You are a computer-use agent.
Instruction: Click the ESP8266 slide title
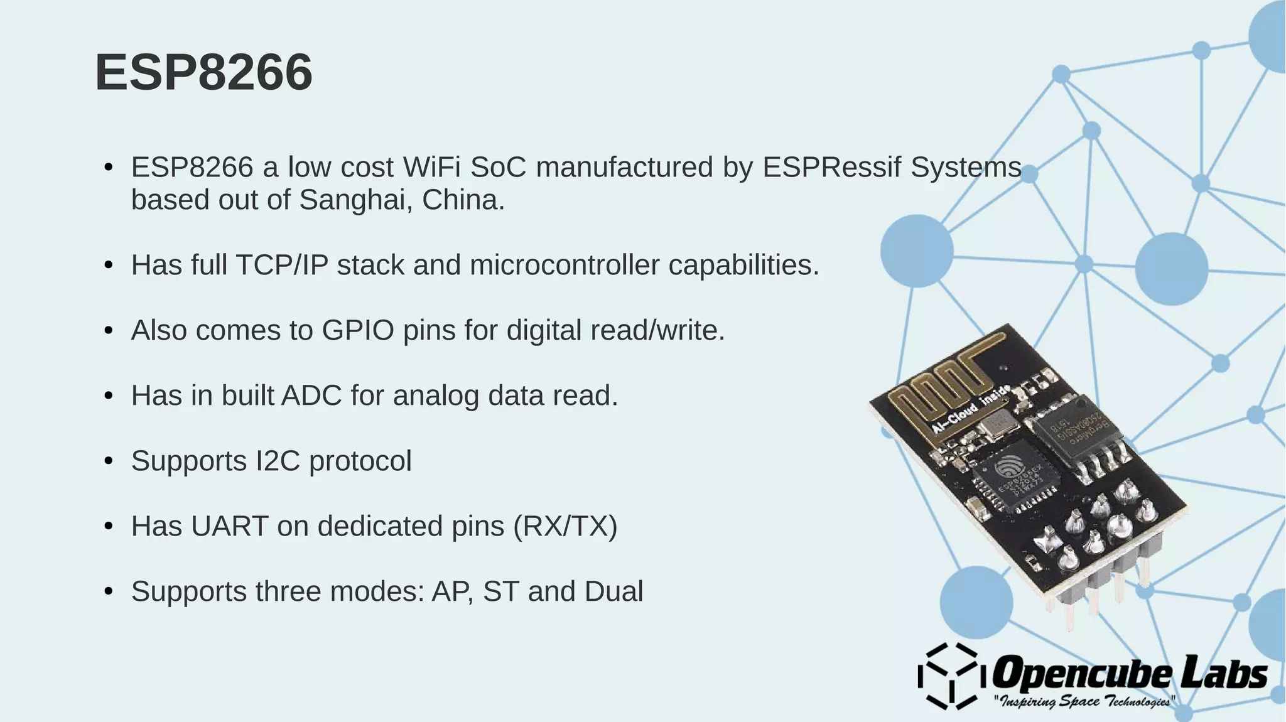203,73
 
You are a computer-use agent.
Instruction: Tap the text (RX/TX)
565,527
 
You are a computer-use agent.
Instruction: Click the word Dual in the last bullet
613,592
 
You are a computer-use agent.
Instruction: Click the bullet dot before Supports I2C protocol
109,461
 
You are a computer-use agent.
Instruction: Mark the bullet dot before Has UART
109,527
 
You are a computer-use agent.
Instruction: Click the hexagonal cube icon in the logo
948,677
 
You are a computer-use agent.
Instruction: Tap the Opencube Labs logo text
1129,673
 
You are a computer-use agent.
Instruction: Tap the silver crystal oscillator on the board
997,426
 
